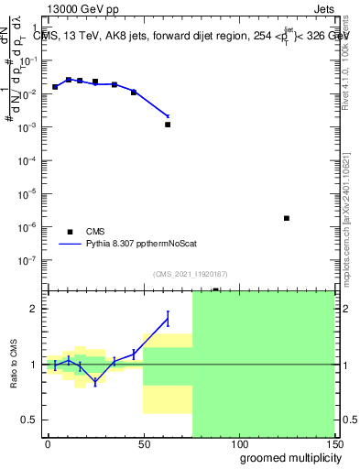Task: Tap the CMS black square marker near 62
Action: click(168, 125)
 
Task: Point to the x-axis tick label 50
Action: click(143, 443)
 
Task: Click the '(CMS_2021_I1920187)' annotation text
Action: click(190, 273)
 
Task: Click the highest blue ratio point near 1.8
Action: click(168, 318)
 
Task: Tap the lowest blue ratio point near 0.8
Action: click(95, 382)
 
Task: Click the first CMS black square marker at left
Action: click(55, 87)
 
